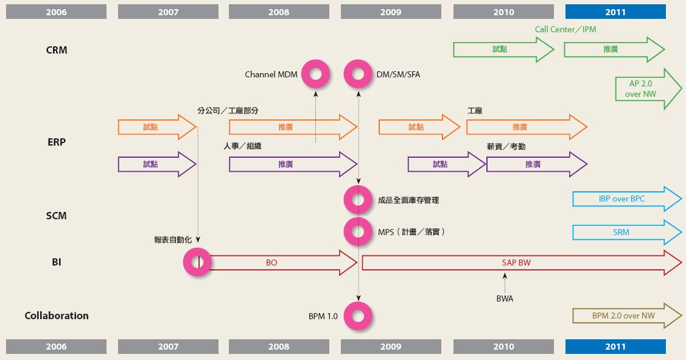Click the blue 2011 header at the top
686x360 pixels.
tap(615, 12)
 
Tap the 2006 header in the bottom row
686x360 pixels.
tap(56, 347)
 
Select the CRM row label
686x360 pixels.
tap(57, 50)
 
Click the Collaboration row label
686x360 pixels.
tap(57, 316)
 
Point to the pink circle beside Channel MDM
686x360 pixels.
tap(316, 74)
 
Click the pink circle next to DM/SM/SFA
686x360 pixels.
tap(358, 74)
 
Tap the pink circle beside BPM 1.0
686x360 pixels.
tap(358, 316)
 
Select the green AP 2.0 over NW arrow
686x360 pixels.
tap(647, 90)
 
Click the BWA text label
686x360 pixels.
tap(505, 299)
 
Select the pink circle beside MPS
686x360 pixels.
tap(358, 231)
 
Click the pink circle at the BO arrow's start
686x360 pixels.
tap(198, 263)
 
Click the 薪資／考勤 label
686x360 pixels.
tap(506, 147)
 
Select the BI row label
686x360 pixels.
tap(57, 263)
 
